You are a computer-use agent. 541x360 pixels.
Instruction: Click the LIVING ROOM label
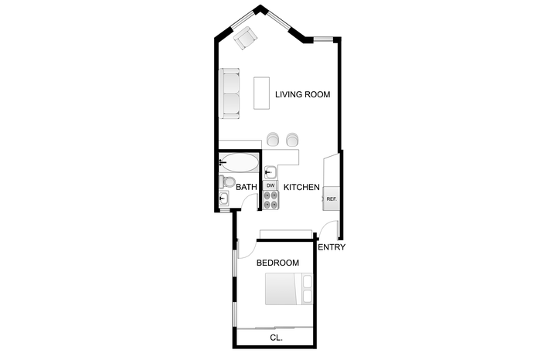303,94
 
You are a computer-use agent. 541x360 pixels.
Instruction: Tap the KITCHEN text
301,187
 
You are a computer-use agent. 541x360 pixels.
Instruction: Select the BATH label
247,187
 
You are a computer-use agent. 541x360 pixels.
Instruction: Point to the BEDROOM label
277,263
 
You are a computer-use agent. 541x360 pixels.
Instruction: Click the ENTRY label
332,247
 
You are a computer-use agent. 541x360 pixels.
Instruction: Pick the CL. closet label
277,338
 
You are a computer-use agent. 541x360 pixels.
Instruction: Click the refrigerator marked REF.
332,199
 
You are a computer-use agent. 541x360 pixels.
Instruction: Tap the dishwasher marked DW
270,185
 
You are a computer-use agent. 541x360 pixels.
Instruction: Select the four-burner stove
270,200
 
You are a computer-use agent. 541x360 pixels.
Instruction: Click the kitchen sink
270,172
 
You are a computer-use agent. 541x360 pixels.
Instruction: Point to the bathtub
239,163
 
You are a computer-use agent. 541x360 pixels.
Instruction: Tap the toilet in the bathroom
226,182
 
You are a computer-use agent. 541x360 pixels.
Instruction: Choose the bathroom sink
223,199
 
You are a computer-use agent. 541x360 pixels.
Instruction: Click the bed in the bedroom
289,289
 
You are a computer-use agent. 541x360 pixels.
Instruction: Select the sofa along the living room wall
230,93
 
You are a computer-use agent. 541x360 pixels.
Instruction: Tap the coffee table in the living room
261,93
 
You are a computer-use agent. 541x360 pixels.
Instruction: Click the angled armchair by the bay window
245,38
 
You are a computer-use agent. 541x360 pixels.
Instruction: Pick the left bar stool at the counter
274,138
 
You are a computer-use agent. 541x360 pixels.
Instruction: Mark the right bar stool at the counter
292,138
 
